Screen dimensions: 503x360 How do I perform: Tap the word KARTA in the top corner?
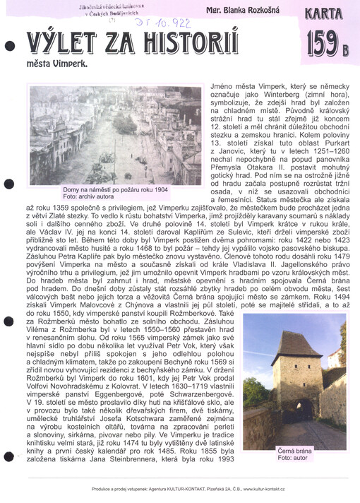tap(325, 13)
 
